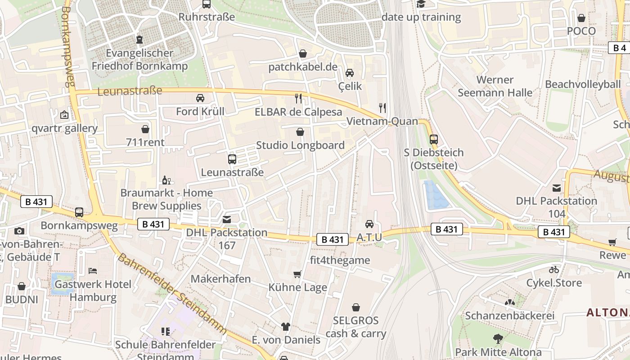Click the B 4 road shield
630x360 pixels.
coord(620,48)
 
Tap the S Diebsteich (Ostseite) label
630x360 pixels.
coord(433,159)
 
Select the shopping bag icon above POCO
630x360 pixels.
coord(581,18)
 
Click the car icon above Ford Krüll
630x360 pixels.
coord(200,98)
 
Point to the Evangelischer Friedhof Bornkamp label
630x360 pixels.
coord(139,59)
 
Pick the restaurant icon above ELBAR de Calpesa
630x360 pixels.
coord(298,99)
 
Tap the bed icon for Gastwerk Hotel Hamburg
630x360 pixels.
coord(93,271)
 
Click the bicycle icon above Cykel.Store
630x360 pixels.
coord(554,270)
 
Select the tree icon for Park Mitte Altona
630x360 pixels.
coord(498,338)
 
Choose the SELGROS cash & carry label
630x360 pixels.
coord(355,327)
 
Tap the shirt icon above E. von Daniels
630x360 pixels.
coord(285,327)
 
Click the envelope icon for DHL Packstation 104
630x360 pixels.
coord(557,188)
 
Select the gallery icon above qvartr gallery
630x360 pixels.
coord(64,115)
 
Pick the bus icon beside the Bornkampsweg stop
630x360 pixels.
coord(79,212)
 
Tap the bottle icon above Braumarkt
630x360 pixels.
coord(166,180)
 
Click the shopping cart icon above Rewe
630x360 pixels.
coord(612,242)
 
